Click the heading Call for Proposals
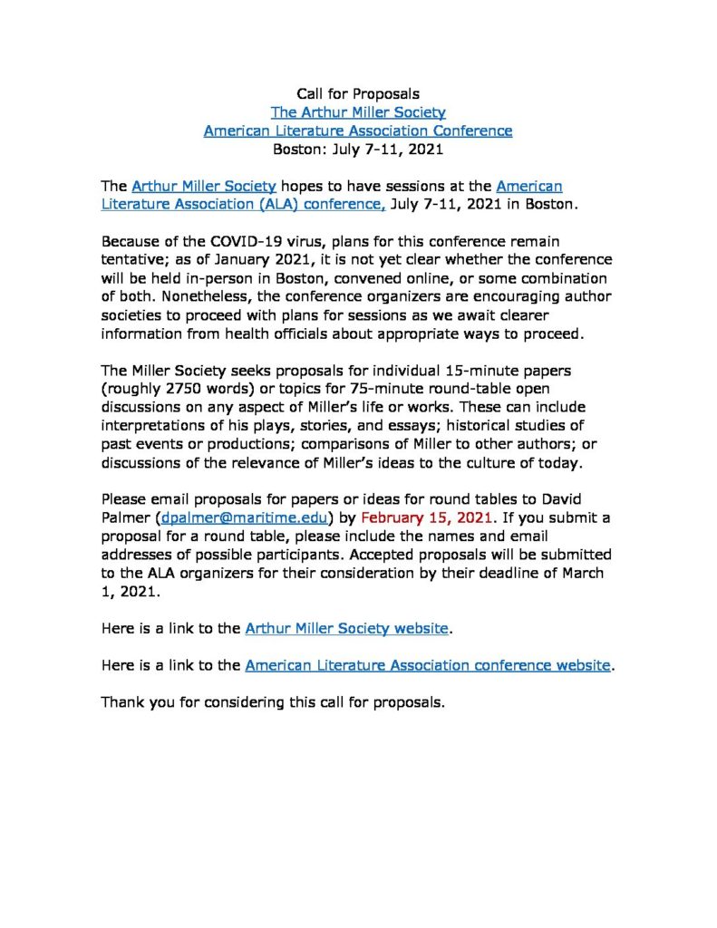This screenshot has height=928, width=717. [x=358, y=93]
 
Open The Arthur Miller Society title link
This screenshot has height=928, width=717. [x=358, y=112]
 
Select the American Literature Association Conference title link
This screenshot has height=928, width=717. [x=358, y=130]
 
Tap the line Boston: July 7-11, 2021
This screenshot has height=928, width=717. [x=358, y=150]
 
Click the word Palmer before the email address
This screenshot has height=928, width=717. [x=125, y=518]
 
